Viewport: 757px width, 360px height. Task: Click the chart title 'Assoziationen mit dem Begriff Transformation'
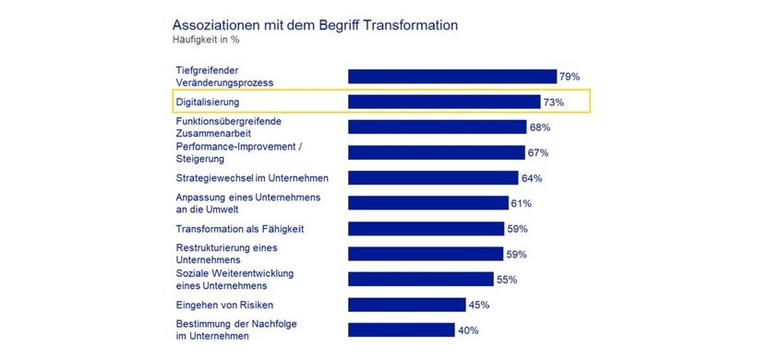pos(315,25)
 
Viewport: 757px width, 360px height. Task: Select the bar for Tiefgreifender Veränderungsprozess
pos(451,77)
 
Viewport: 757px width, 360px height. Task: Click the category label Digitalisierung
pos(215,102)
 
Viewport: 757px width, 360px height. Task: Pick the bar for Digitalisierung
pos(444,102)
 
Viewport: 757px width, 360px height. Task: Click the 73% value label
pos(554,102)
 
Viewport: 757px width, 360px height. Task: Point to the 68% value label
pos(541,127)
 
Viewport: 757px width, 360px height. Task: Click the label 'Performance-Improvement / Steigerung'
pos(235,152)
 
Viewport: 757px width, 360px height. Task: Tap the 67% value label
pos(538,152)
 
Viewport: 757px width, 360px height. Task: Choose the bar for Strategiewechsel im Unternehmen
pos(433,178)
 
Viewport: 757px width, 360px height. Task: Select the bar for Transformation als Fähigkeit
pos(426,229)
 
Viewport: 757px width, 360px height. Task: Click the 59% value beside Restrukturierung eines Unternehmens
pos(517,254)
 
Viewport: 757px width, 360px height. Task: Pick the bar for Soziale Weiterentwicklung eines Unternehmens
pos(420,279)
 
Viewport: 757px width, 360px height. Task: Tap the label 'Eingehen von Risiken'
pos(224,305)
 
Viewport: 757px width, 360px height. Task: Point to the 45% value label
pos(478,305)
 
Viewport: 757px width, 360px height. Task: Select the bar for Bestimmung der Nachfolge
pos(401,330)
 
